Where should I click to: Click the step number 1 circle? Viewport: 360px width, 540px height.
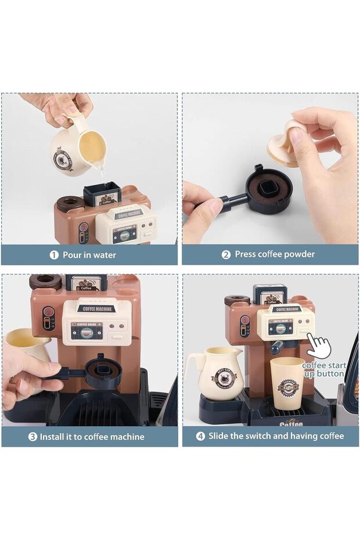click(x=54, y=255)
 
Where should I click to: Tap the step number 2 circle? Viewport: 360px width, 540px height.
click(x=226, y=254)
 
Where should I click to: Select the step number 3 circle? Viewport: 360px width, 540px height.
click(x=33, y=436)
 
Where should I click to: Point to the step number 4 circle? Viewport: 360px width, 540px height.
click(x=200, y=436)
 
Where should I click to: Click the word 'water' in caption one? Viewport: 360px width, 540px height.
click(x=104, y=255)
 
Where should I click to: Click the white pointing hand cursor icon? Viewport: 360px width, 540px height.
click(x=319, y=346)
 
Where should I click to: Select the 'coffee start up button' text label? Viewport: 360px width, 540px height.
click(x=324, y=370)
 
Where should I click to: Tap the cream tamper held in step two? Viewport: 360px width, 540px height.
click(x=283, y=142)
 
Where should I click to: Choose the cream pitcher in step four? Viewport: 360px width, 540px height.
click(x=214, y=375)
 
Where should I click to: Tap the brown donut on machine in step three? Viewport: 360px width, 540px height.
click(x=45, y=281)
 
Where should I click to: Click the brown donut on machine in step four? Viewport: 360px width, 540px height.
click(x=237, y=300)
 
